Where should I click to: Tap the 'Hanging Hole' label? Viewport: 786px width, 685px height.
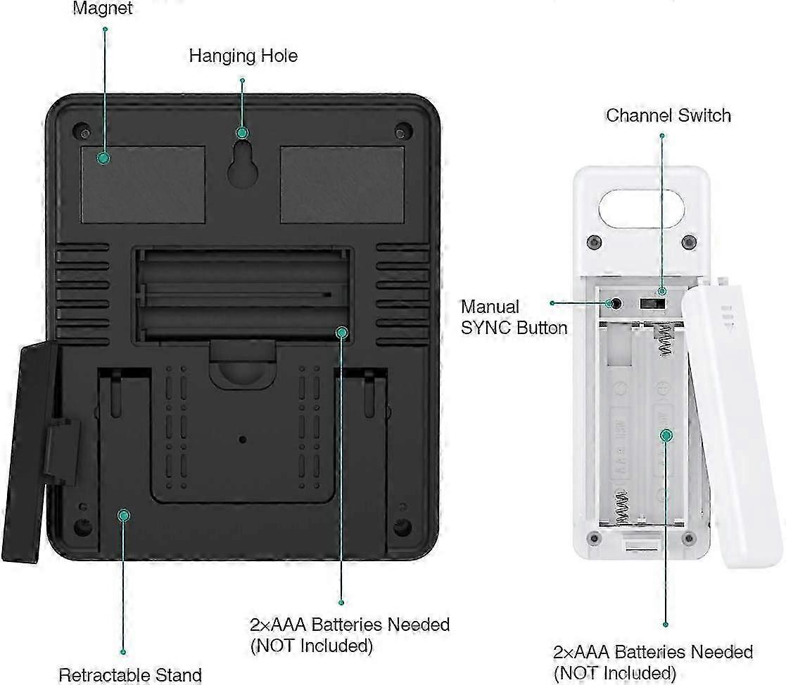[243, 56]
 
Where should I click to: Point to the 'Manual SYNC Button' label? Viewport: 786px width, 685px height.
[513, 317]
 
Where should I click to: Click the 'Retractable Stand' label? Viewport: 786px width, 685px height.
[130, 674]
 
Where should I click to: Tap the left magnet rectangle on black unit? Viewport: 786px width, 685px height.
[143, 185]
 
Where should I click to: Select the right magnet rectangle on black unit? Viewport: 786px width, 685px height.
[342, 185]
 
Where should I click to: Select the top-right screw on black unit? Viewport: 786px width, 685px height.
[402, 131]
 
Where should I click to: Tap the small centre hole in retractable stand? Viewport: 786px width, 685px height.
[243, 440]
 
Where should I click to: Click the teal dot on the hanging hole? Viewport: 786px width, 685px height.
[243, 132]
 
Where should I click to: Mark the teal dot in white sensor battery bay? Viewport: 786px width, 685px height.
[666, 435]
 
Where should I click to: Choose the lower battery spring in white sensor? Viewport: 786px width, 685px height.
[622, 506]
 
